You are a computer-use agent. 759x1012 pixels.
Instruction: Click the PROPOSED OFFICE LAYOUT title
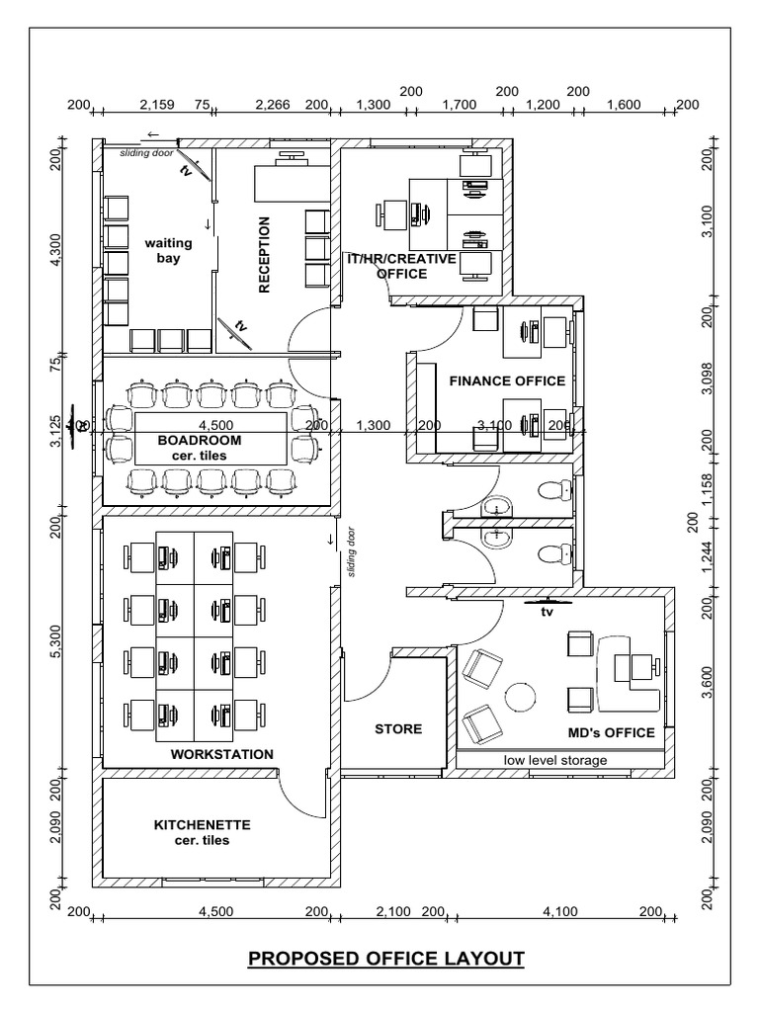click(x=385, y=958)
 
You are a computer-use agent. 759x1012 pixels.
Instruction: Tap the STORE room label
click(x=398, y=729)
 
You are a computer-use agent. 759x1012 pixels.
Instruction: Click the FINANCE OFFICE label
click(x=507, y=380)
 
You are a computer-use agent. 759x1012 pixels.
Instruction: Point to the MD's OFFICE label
click(x=611, y=732)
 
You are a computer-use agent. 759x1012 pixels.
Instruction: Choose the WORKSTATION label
click(x=221, y=754)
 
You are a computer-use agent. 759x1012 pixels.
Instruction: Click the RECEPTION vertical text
click(x=265, y=255)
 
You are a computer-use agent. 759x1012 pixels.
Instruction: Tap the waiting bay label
click(x=168, y=250)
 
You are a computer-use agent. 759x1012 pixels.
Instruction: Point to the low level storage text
click(x=555, y=760)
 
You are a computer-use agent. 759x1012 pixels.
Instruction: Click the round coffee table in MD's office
click(x=520, y=698)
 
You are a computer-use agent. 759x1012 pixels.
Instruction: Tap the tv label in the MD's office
click(x=545, y=612)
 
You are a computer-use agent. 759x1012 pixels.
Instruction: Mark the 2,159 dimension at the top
click(x=157, y=104)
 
